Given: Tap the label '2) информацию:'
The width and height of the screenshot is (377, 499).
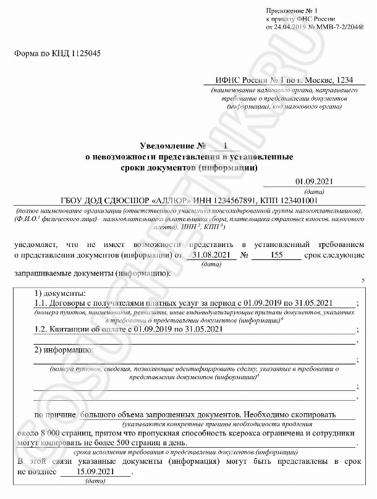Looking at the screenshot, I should click(64, 350).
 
